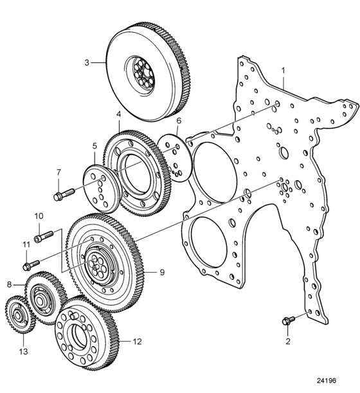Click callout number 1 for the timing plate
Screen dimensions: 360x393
click(x=283, y=71)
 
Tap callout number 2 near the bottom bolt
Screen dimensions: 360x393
click(x=288, y=341)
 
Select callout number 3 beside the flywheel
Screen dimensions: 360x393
click(x=87, y=62)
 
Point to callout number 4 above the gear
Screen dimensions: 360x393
click(x=118, y=114)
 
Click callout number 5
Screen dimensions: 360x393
click(x=94, y=146)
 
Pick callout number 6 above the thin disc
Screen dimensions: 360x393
click(x=179, y=121)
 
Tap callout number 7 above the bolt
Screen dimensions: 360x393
click(x=59, y=172)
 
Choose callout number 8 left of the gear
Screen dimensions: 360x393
click(x=9, y=284)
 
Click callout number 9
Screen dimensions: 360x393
click(x=163, y=272)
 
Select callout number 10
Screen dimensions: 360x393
click(x=39, y=216)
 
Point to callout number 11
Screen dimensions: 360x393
click(x=26, y=244)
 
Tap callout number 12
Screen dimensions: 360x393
click(x=138, y=342)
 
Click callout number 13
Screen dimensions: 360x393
click(x=23, y=352)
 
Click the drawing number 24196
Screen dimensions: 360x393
click(x=326, y=381)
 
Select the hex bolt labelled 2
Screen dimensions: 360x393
click(x=289, y=320)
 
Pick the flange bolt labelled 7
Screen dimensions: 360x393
click(x=64, y=194)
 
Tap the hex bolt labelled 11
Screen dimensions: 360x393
click(x=31, y=265)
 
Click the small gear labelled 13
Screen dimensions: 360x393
click(x=19, y=315)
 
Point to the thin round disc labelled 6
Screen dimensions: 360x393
click(x=175, y=157)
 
